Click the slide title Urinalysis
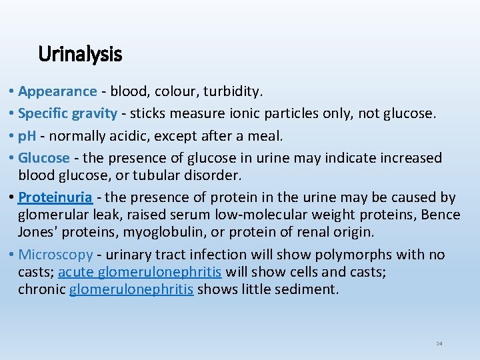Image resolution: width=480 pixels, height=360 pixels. tap(80, 53)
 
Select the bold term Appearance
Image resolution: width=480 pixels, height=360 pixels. tap(57, 91)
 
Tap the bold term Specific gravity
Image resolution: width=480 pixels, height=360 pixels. tap(67, 113)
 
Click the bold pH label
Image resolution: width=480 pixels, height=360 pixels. tap(28, 136)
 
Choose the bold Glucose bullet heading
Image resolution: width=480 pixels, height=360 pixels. tap(44, 158)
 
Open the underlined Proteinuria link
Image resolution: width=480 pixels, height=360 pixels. tap(55, 197)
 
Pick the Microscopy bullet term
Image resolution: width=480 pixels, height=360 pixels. tap(55, 255)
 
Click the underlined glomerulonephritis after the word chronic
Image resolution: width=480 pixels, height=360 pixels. tap(131, 289)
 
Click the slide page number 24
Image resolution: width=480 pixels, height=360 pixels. tap(439, 344)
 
